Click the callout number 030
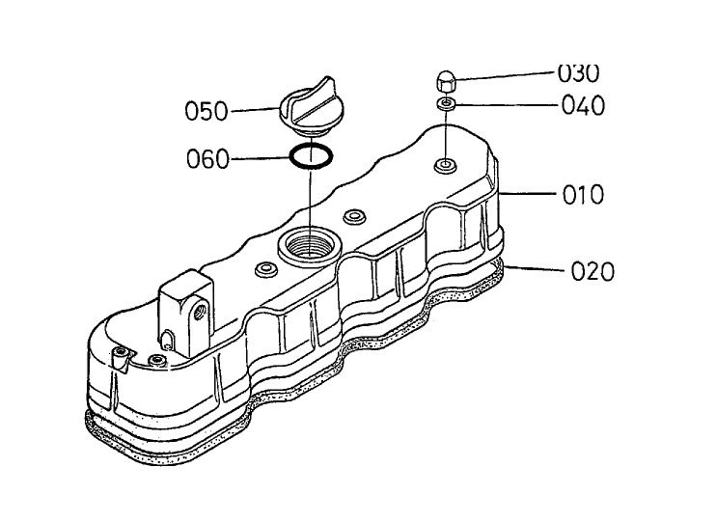(x=578, y=74)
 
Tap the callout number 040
(x=583, y=105)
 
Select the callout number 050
(x=207, y=111)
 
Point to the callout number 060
(x=207, y=159)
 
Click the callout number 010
(x=583, y=195)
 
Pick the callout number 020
(x=593, y=271)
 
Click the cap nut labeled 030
(x=445, y=82)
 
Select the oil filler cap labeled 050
(x=307, y=107)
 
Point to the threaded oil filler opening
(x=310, y=245)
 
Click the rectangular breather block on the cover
(x=185, y=313)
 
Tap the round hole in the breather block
(x=200, y=312)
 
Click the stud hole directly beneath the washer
(x=445, y=165)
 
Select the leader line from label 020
(x=533, y=268)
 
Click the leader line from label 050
(x=255, y=110)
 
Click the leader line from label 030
(x=505, y=76)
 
